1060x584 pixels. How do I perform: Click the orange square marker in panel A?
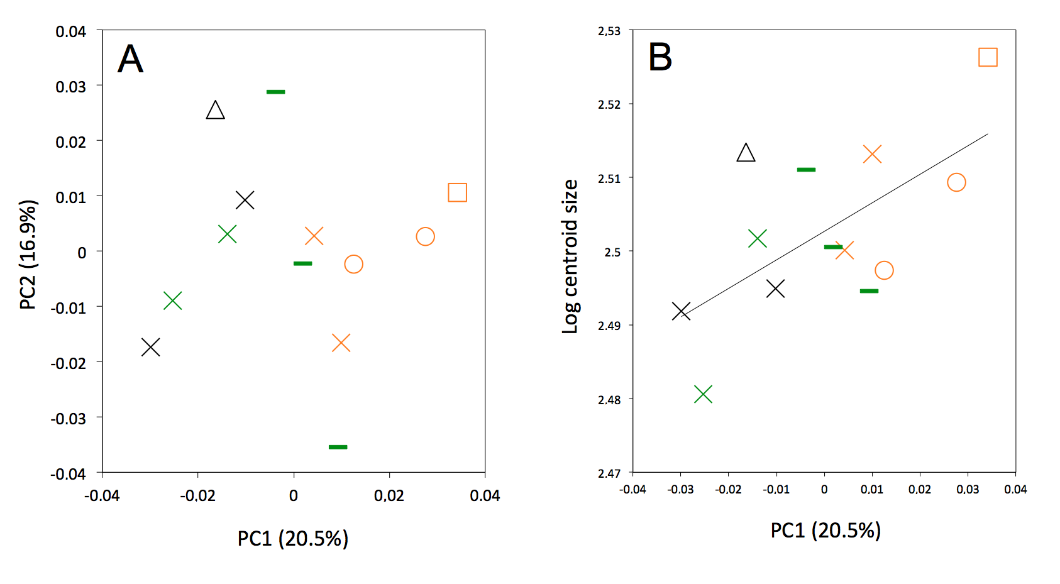457,192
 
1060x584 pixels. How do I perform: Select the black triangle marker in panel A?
216,111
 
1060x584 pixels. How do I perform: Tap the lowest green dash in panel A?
338,447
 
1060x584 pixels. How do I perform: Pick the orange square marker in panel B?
988,57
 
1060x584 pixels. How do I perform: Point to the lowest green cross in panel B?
703,394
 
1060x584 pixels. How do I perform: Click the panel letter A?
131,59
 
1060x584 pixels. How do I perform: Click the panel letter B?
660,57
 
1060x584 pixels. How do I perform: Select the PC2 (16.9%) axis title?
28,255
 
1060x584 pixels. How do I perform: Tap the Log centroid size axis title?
570,256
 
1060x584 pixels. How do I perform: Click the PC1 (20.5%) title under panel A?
292,539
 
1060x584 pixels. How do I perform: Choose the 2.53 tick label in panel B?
609,31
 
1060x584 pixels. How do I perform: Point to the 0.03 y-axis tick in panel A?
70,87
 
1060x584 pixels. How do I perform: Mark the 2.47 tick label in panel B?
609,473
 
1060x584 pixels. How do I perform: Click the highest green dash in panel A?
275,92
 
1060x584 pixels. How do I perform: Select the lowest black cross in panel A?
150,347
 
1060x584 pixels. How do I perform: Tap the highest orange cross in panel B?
872,154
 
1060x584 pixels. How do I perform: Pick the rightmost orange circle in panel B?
956,182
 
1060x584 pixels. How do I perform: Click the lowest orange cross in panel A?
341,343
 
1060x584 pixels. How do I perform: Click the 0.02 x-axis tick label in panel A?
389,496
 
